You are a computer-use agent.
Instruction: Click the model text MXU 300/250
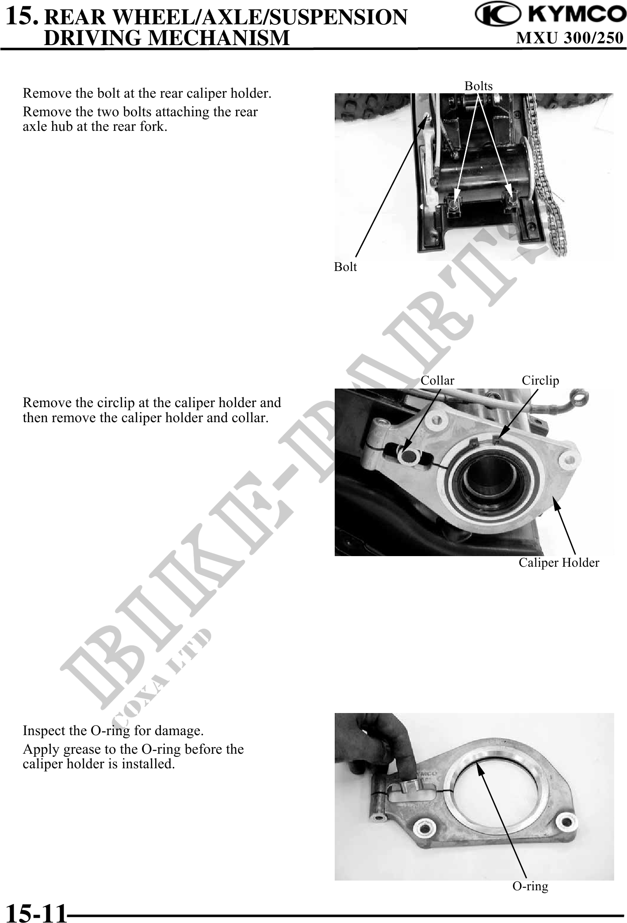[570, 38]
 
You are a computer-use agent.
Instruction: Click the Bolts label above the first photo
[478, 86]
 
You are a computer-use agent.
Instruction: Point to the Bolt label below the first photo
[345, 267]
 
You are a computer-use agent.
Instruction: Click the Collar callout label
[437, 381]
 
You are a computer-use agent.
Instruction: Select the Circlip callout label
[540, 381]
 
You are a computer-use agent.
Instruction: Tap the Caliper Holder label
[559, 563]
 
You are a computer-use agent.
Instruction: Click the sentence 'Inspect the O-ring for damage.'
[113, 731]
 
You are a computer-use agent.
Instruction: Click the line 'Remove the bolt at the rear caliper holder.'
[147, 94]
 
